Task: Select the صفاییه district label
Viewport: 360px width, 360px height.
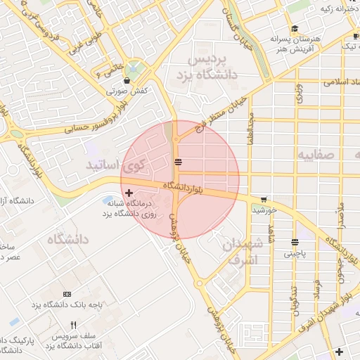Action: point(313,154)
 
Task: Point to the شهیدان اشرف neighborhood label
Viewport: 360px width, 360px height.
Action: point(243,252)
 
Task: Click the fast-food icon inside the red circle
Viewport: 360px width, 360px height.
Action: point(179,162)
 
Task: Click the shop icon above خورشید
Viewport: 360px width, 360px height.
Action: point(264,199)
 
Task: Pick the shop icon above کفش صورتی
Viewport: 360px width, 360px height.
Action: point(127,81)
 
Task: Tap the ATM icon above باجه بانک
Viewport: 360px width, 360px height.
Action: point(67,294)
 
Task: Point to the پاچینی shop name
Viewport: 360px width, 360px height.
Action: point(295,255)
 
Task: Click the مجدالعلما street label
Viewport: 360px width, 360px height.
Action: point(250,131)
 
